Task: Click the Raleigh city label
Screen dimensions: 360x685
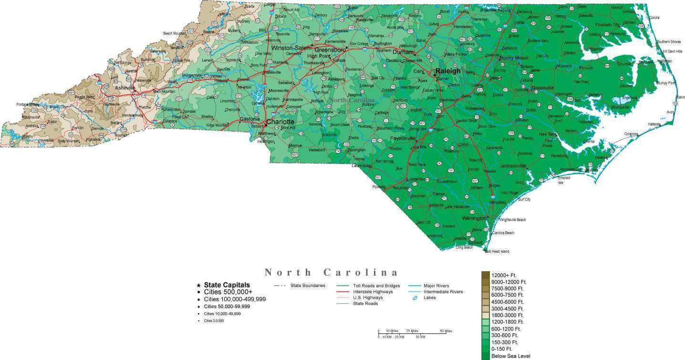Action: [448, 71]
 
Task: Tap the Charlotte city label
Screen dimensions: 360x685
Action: [280, 122]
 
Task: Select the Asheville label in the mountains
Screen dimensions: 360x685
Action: [125, 88]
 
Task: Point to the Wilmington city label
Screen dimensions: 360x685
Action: [474, 218]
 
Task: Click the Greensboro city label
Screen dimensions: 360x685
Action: [330, 50]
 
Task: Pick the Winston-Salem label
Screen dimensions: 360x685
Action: [291, 48]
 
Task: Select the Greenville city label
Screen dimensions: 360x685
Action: [542, 88]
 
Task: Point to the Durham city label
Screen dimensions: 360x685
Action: [403, 52]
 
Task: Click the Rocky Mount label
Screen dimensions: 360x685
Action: [514, 58]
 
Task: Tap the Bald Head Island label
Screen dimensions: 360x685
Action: [497, 251]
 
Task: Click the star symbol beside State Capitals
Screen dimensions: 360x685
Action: [198, 285]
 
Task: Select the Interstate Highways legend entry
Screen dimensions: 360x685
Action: [373, 291]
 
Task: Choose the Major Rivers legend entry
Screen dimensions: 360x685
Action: [436, 286]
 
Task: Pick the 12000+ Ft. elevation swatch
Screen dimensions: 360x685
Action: [486, 275]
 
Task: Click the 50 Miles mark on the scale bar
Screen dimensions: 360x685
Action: [446, 331]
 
